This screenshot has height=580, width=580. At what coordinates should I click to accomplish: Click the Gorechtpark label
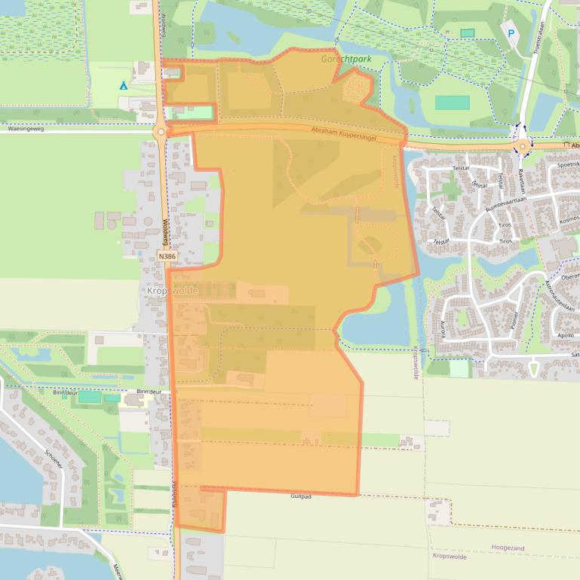pyautogui.click(x=346, y=58)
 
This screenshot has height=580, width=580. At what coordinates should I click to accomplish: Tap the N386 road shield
pyautogui.click(x=167, y=257)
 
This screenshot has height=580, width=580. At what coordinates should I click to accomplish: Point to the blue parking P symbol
pyautogui.click(x=512, y=33)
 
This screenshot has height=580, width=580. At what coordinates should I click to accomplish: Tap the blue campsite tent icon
pyautogui.click(x=123, y=86)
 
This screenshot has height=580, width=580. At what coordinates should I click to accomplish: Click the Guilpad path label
pyautogui.click(x=301, y=496)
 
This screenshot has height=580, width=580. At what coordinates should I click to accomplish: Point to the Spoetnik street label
pyautogui.click(x=567, y=164)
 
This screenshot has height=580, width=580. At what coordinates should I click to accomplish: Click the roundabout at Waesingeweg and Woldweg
pyautogui.click(x=160, y=133)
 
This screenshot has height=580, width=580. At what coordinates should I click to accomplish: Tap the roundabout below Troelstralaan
pyautogui.click(x=523, y=145)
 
